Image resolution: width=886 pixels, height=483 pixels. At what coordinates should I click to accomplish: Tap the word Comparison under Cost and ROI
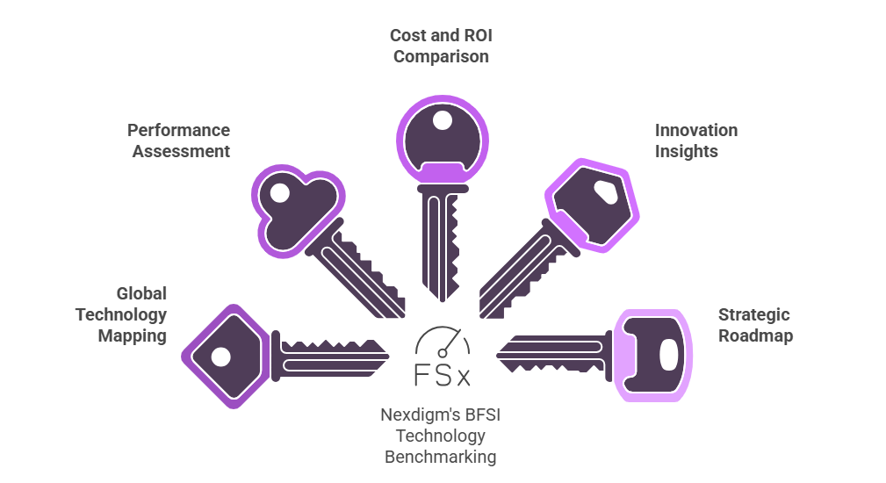click(441, 57)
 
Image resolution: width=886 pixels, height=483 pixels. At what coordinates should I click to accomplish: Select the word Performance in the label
click(178, 130)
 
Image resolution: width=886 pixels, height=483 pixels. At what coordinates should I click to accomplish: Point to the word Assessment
click(181, 151)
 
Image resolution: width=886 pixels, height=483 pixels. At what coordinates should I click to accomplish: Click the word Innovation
click(695, 130)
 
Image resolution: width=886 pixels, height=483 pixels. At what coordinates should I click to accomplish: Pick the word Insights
click(686, 151)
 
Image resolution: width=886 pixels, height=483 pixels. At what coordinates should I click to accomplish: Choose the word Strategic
click(754, 314)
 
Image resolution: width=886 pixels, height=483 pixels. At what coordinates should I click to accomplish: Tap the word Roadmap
click(755, 335)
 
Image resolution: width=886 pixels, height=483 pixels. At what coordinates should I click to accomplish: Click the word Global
click(141, 293)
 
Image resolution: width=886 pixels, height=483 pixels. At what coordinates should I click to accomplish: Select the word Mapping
click(132, 335)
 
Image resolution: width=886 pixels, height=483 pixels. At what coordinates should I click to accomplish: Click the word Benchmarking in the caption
click(440, 457)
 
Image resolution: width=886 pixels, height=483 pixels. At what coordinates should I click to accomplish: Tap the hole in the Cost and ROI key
click(443, 119)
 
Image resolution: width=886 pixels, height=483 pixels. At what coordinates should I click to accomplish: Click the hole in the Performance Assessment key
click(280, 192)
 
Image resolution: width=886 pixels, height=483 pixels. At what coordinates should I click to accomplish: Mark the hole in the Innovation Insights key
click(605, 189)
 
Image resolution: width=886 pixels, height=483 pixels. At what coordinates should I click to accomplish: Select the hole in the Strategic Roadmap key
click(668, 355)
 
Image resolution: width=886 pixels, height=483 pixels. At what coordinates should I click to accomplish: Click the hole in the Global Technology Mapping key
click(221, 357)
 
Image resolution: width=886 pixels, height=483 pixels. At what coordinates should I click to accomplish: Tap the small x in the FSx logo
click(464, 378)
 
